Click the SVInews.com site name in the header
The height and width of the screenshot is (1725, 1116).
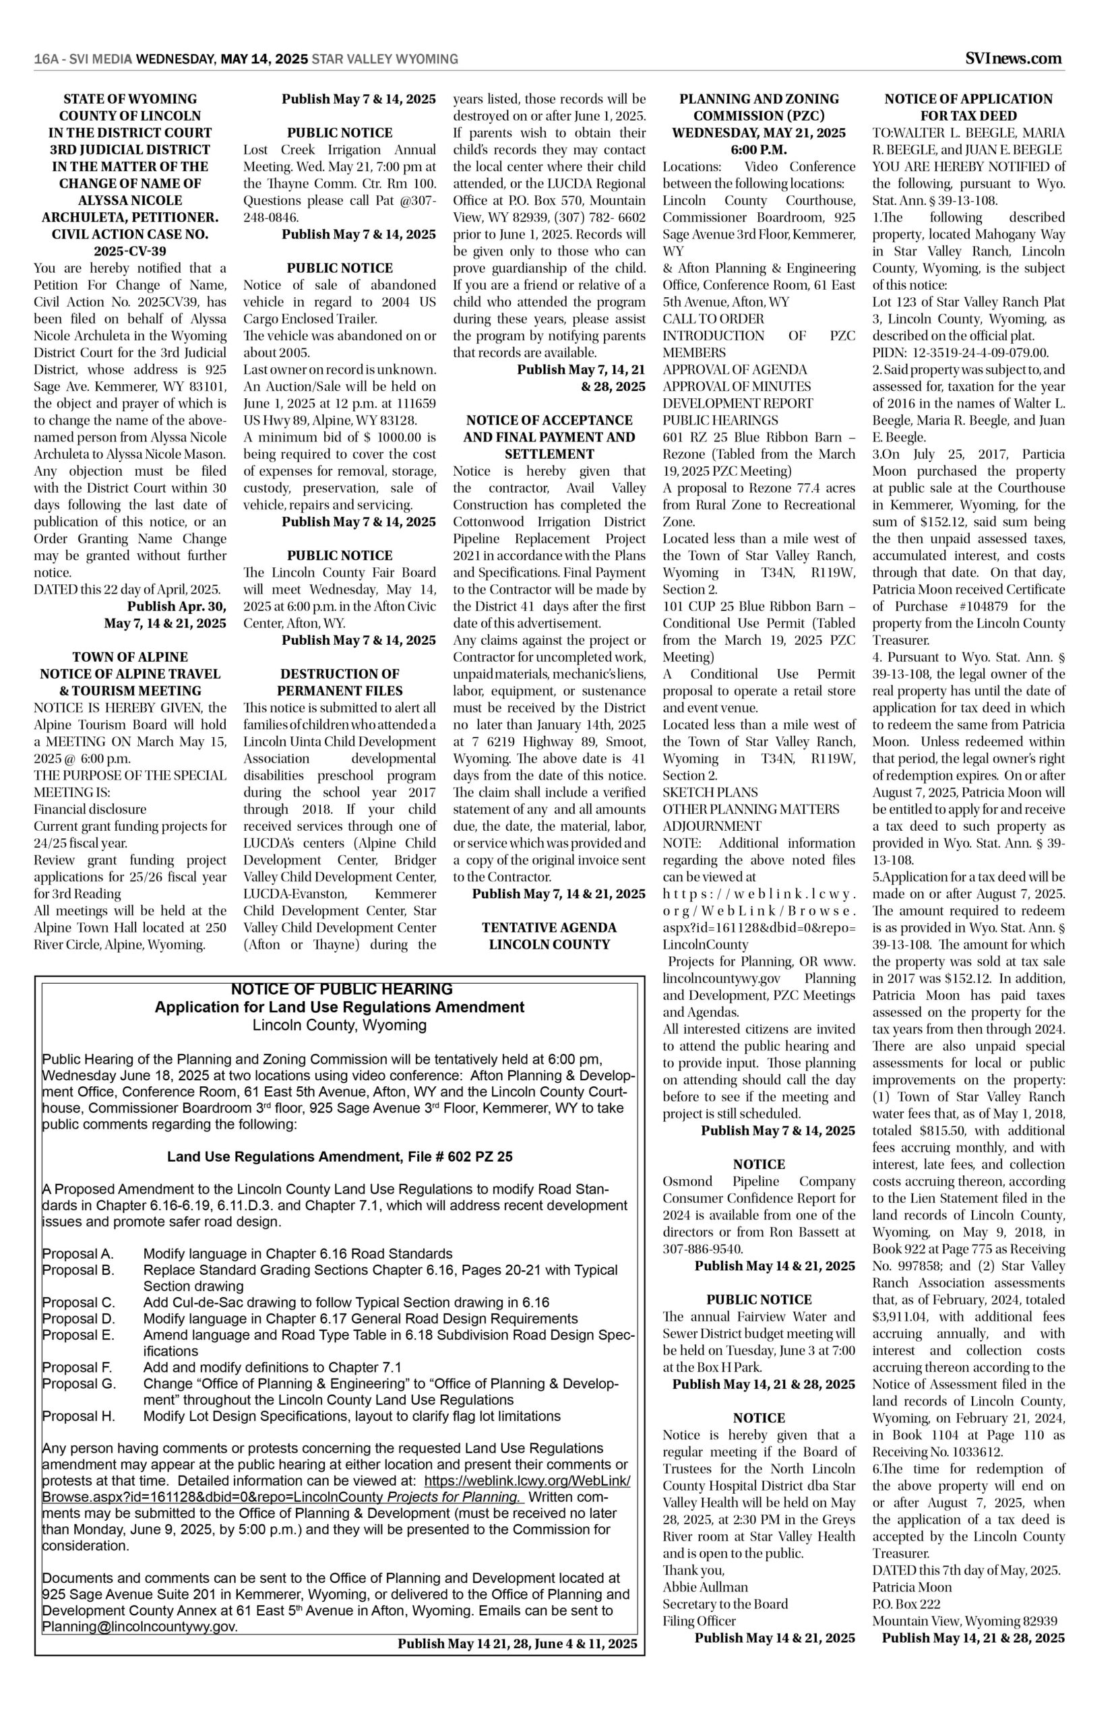pyautogui.click(x=1014, y=59)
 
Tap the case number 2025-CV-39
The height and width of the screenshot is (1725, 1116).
pyautogui.click(x=129, y=251)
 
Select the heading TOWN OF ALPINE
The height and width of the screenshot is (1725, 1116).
pyautogui.click(x=129, y=657)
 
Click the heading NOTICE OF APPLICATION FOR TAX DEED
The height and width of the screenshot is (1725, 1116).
pyautogui.click(x=968, y=107)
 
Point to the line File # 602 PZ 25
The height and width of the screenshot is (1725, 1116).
pyautogui.click(x=339, y=1157)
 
